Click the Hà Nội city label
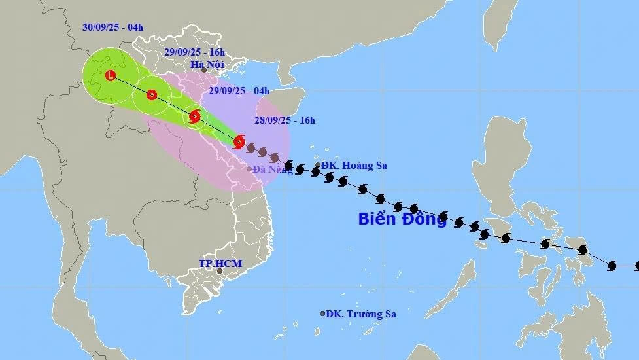pyautogui.click(x=207, y=64)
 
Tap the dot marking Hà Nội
pyautogui.click(x=203, y=70)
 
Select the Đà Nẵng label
pyautogui.click(x=273, y=170)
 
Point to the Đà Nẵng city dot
pyautogui.click(x=249, y=169)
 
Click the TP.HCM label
pyautogui.click(x=220, y=263)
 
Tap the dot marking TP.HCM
pyautogui.click(x=220, y=271)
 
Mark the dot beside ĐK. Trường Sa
pyautogui.click(x=322, y=314)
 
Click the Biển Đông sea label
pyautogui.click(x=402, y=219)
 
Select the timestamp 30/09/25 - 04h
pyautogui.click(x=112, y=27)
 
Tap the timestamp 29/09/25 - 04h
pyautogui.click(x=240, y=91)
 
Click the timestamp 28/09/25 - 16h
pyautogui.click(x=286, y=120)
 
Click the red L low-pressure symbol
pyautogui.click(x=111, y=76)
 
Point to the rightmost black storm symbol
pyautogui.click(x=612, y=266)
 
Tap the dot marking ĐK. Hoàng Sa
pyautogui.click(x=318, y=166)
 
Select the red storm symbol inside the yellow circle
pyautogui.click(x=194, y=117)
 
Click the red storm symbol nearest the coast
pyautogui.click(x=239, y=141)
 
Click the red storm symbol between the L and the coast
pyautogui.click(x=152, y=95)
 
